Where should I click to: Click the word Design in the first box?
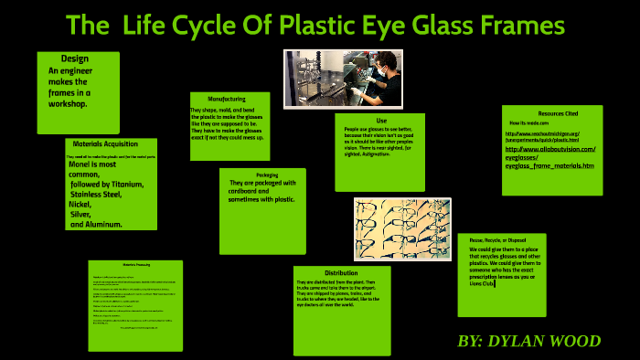point(75,59)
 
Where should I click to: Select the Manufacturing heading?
point(227,99)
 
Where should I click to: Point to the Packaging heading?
point(267,175)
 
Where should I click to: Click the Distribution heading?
point(341,272)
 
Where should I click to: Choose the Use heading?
point(381,121)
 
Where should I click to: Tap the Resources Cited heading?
point(558,113)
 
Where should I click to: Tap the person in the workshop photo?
point(384,73)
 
